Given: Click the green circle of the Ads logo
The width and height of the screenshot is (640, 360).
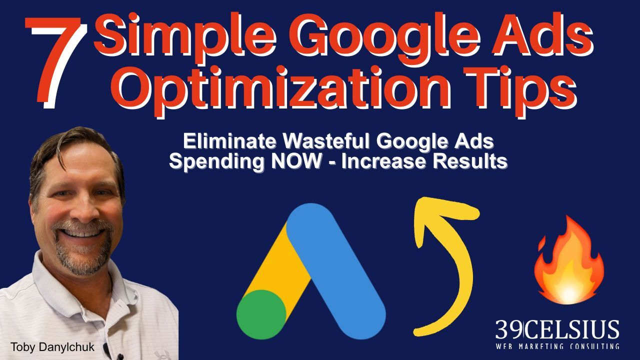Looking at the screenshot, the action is point(261,314).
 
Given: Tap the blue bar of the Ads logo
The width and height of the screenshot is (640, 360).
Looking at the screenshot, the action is point(336,271).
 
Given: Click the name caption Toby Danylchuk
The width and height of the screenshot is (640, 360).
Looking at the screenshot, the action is point(53,347).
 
